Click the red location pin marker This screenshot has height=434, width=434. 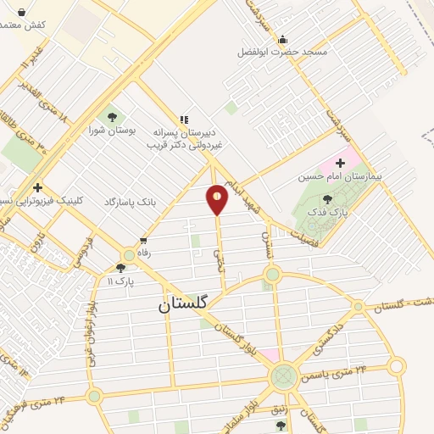217,199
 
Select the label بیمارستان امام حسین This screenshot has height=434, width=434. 340,178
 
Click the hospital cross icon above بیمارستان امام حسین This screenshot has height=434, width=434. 341,162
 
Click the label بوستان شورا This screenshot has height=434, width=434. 113,131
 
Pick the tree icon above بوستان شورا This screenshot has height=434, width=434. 112,117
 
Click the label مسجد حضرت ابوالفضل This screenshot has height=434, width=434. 282,53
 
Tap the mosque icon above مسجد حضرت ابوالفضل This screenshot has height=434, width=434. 282,39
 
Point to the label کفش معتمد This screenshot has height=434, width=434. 23,25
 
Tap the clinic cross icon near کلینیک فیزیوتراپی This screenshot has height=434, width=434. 36,187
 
